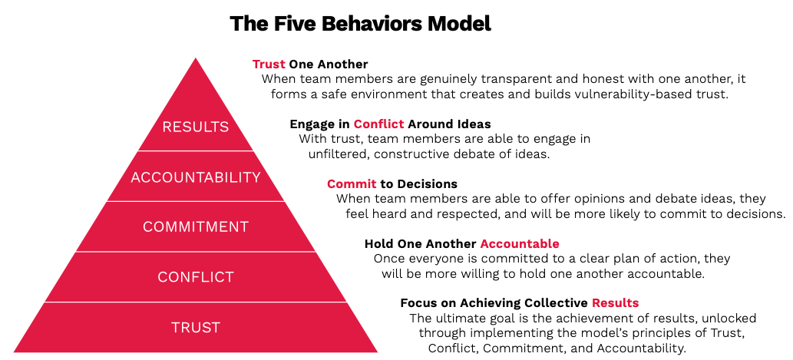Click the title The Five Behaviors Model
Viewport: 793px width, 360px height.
click(x=360, y=23)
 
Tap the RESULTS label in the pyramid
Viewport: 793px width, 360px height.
click(x=196, y=127)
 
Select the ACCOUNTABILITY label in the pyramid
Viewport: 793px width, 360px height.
click(x=196, y=177)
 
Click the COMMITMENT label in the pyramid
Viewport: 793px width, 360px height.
click(x=196, y=227)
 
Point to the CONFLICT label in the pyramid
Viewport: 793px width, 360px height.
click(x=196, y=277)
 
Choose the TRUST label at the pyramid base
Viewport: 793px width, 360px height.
click(x=196, y=328)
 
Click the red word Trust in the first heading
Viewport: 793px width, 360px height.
click(x=269, y=64)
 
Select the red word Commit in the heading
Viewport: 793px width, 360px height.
click(x=352, y=184)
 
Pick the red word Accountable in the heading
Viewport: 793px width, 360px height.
click(x=520, y=244)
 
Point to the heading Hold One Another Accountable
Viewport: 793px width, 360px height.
click(x=461, y=244)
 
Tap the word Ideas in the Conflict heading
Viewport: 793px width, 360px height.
click(x=474, y=124)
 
